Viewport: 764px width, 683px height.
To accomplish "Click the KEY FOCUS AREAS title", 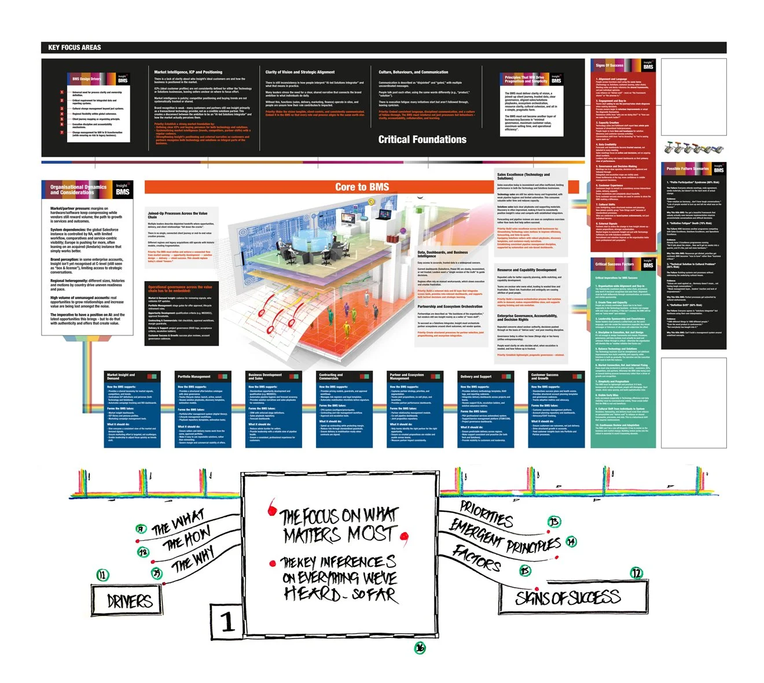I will [74, 47].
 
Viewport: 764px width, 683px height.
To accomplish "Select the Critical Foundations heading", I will [422, 139].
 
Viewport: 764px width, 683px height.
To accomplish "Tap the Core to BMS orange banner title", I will [362, 187].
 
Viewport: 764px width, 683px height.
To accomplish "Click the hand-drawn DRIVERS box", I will [128, 601].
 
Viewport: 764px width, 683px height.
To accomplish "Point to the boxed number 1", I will [227, 622].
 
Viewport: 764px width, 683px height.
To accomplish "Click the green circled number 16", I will [420, 648].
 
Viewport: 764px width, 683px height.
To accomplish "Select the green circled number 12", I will [636, 573].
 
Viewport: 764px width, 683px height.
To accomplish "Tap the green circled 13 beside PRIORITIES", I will [554, 522].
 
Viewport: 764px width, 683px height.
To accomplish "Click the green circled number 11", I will [102, 574].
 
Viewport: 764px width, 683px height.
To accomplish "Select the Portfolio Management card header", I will [194, 376].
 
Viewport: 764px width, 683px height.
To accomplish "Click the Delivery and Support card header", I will [476, 376].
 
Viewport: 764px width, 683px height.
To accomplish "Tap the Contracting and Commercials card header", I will [331, 376].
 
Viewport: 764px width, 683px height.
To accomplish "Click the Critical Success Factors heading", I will [614, 264].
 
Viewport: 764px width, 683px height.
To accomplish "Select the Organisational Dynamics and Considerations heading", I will [78, 190].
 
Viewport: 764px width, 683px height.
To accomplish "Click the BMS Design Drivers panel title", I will [86, 79].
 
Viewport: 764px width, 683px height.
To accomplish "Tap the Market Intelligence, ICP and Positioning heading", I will [188, 72].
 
